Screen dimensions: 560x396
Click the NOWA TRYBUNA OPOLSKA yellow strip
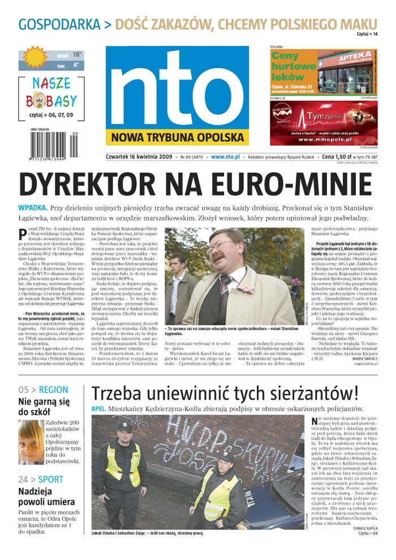pyautogui.click(x=177, y=137)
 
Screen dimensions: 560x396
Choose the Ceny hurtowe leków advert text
pyautogui.click(x=293, y=66)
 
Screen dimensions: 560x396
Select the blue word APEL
pyautogui.click(x=100, y=408)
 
